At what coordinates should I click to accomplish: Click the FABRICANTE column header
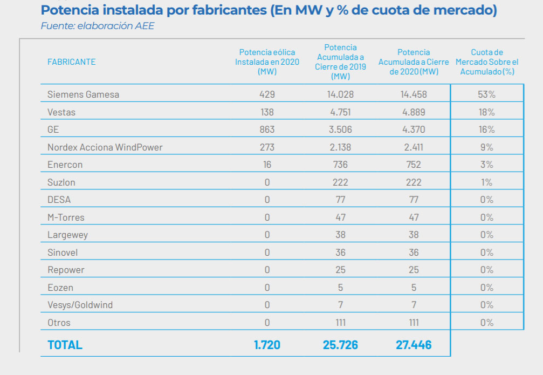[x=71, y=62]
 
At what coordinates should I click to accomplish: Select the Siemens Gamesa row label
[x=83, y=94]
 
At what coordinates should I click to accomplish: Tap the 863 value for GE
[x=267, y=129]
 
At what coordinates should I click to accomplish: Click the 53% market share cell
[x=486, y=94]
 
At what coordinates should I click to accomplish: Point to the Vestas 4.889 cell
[x=414, y=112]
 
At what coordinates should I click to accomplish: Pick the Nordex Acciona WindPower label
[x=105, y=147]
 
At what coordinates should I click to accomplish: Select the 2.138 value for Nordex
[x=340, y=147]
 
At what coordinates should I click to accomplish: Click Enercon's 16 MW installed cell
[x=267, y=165]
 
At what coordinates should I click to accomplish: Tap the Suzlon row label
[x=61, y=182]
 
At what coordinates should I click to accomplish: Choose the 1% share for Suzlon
[x=486, y=182]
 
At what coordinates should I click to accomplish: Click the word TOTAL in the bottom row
[x=65, y=345]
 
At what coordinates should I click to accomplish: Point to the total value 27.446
[x=414, y=345]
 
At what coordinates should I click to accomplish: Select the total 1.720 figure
[x=267, y=345]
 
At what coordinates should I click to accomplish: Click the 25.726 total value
[x=340, y=345]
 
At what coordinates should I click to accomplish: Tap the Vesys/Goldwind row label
[x=80, y=305]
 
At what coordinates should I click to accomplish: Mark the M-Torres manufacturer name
[x=66, y=217]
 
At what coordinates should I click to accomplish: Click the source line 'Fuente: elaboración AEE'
[x=97, y=26]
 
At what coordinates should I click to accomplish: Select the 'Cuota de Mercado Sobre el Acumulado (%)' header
[x=486, y=62]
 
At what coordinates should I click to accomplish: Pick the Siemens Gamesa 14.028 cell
[x=340, y=94]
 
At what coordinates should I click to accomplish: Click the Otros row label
[x=59, y=323]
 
